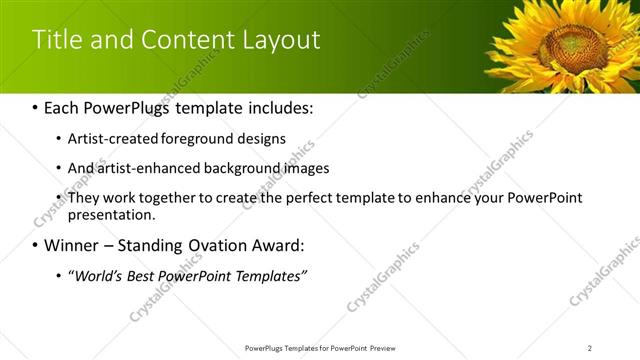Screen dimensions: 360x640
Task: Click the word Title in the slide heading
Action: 56,40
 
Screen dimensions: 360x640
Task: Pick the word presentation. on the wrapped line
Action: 111,214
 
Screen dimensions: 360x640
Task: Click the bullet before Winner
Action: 36,245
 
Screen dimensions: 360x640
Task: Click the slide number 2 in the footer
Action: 590,348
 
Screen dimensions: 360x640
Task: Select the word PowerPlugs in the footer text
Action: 265,348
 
